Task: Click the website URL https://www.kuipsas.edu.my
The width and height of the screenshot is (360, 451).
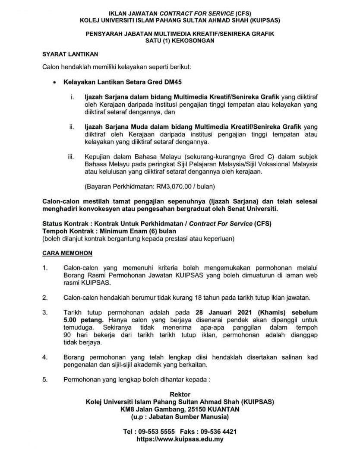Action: click(x=180, y=439)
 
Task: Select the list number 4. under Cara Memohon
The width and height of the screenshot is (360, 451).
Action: click(x=45, y=357)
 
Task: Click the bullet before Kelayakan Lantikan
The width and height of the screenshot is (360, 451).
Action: click(x=53, y=81)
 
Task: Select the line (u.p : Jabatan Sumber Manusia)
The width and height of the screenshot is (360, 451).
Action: click(x=180, y=416)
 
